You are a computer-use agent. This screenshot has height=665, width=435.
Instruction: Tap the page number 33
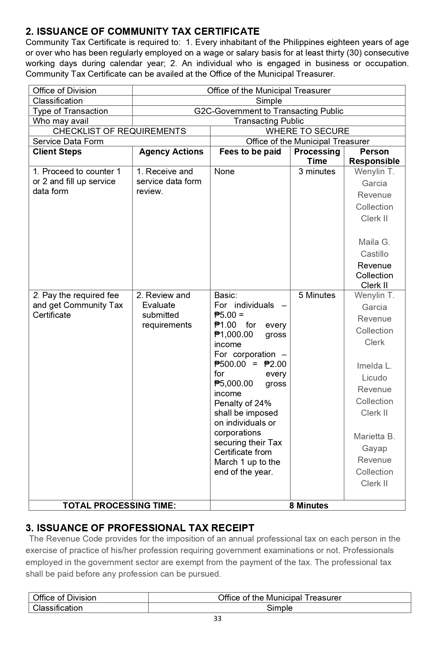point(217,619)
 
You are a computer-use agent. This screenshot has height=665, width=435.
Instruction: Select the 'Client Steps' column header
point(57,152)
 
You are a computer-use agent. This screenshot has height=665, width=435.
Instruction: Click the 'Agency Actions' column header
point(171,152)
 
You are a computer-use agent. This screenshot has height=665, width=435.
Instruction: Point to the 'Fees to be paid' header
point(250,152)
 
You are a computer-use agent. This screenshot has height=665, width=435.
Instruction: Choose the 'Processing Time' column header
point(317,156)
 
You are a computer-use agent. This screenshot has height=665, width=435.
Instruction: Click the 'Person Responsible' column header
point(374,156)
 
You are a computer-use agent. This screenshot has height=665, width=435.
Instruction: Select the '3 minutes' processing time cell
point(317,172)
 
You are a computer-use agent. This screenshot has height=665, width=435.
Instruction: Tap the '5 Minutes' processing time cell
point(317,295)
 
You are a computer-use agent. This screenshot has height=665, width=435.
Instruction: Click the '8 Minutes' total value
point(308,505)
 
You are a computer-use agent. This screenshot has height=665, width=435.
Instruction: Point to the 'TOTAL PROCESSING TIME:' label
point(119,505)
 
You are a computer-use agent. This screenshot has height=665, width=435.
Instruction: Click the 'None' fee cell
point(224,172)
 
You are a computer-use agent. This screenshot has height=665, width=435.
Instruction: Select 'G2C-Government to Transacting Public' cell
point(269,111)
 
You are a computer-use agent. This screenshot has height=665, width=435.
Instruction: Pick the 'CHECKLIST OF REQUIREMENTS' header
point(119,131)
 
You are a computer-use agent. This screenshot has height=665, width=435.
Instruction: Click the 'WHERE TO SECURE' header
point(307,131)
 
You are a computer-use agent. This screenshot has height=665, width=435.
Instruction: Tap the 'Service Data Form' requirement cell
point(68,142)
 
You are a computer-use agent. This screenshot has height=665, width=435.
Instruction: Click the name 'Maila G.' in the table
point(374,242)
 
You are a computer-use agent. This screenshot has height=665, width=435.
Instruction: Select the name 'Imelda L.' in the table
point(374,366)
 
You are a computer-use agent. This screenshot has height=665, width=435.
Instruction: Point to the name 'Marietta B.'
point(374,437)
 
